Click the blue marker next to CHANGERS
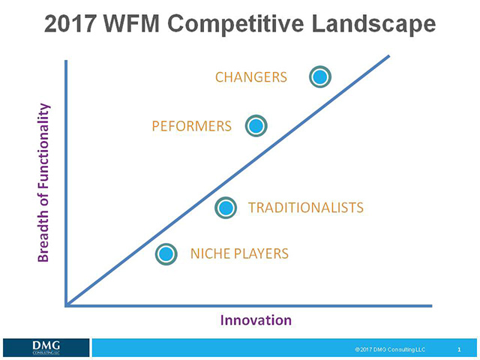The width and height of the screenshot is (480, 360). coord(320,76)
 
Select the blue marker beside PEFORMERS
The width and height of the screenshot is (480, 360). coord(256,126)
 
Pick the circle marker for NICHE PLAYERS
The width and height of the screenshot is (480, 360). coord(166,254)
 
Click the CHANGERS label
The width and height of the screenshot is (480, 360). coord(251,77)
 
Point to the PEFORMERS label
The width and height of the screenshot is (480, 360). coord(191,127)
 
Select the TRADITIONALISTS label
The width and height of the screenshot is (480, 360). coord(305,208)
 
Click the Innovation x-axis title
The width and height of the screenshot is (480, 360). coord(256,320)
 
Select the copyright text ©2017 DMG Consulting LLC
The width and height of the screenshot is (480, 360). coord(390,349)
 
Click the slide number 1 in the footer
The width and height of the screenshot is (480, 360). coord(458,349)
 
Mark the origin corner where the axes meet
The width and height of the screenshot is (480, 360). coord(67,305)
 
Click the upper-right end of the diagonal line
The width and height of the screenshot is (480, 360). coord(389,55)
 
